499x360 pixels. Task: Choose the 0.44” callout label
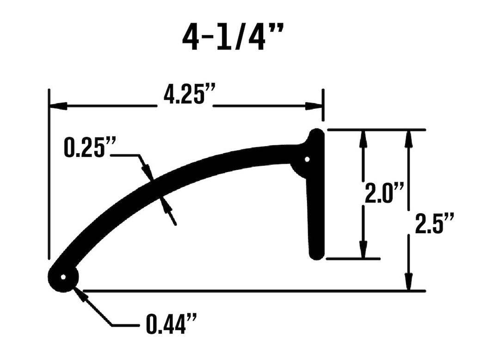click(172, 324)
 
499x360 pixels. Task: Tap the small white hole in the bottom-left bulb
click(63, 278)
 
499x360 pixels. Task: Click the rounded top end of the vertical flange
click(317, 135)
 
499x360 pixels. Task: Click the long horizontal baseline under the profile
click(250, 291)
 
